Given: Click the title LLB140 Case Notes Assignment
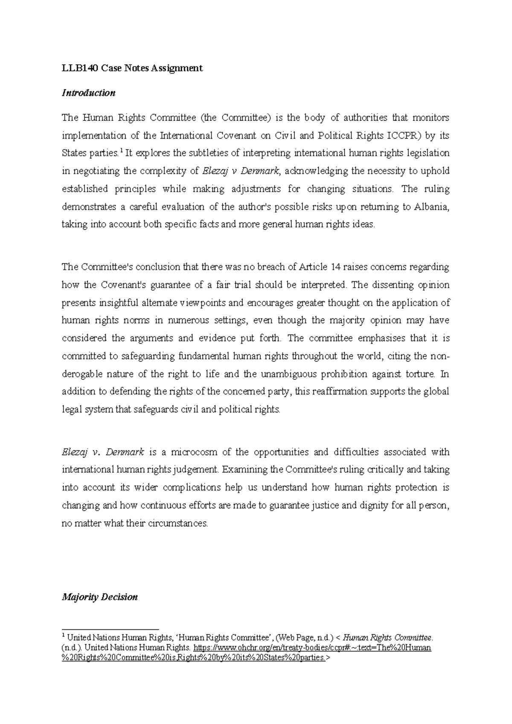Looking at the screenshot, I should [132, 68].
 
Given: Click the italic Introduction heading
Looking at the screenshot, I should [88, 93].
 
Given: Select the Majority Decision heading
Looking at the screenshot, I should [100, 597].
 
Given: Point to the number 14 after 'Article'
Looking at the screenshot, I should [335, 267].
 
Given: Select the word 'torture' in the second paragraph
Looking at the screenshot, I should [420, 374].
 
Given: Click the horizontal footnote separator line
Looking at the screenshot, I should [110, 629].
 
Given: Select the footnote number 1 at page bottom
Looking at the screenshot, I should [64, 636].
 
